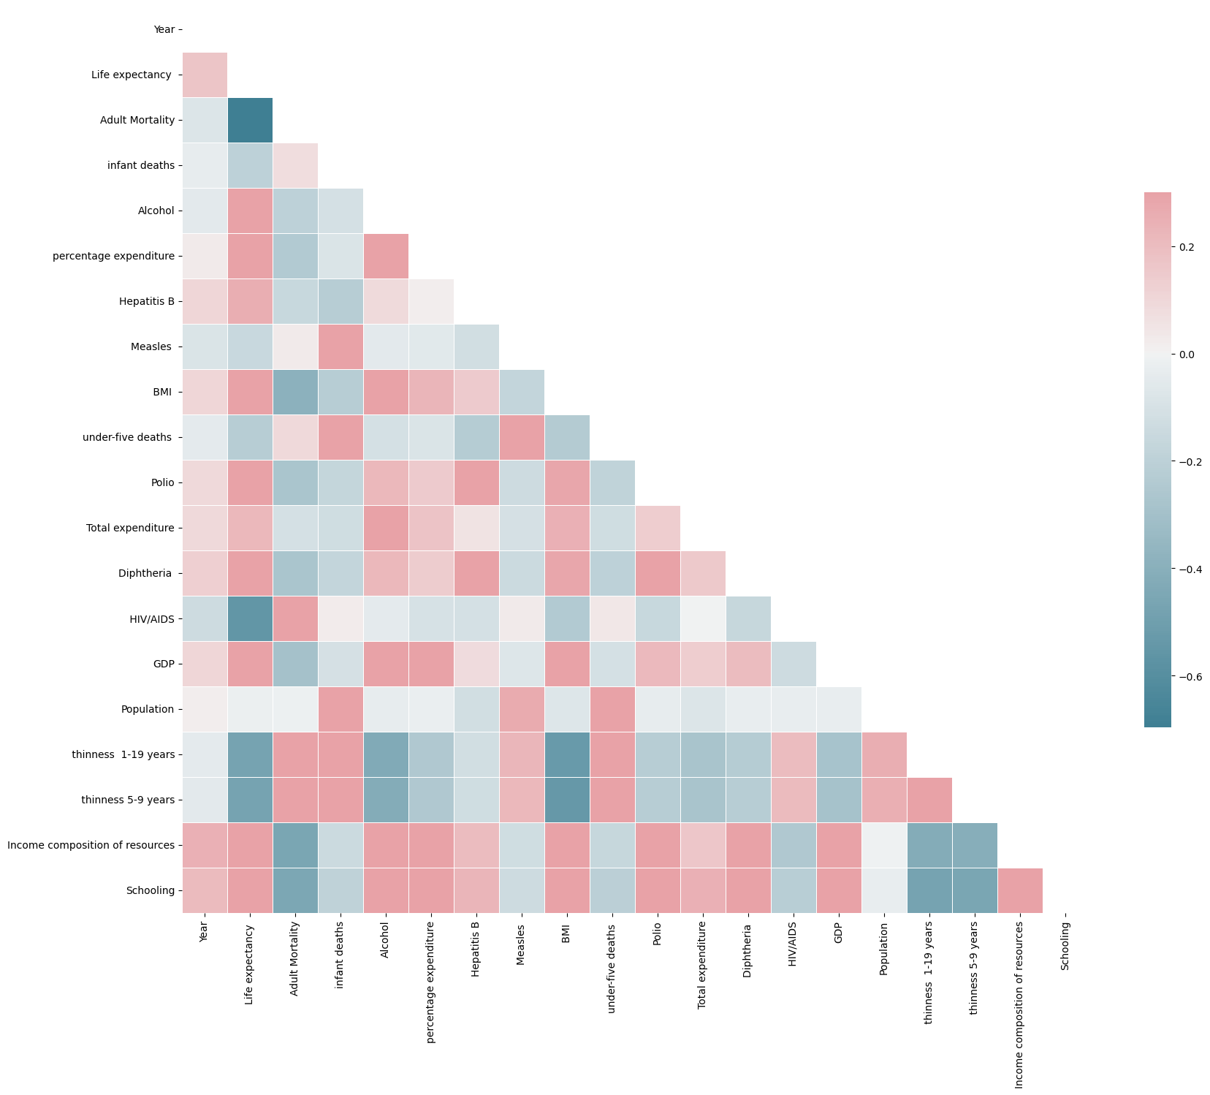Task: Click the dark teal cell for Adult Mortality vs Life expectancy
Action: point(250,120)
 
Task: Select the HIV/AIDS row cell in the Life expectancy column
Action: point(250,618)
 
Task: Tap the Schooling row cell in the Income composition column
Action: point(1020,890)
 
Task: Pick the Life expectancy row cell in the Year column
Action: point(205,75)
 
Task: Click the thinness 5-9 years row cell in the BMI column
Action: point(567,800)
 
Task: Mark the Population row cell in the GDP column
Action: point(839,709)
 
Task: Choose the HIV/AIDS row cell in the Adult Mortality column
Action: point(295,618)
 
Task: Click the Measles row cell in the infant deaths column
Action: point(340,346)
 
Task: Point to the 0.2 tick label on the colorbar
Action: point(1187,247)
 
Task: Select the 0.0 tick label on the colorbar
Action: point(1187,355)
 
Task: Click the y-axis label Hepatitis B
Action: point(146,301)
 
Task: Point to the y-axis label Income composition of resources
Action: point(91,845)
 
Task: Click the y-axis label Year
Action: point(164,29)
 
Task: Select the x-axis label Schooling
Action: point(1065,946)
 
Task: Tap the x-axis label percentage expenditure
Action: point(431,982)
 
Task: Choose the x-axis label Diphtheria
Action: point(748,947)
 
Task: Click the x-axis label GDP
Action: point(839,933)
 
